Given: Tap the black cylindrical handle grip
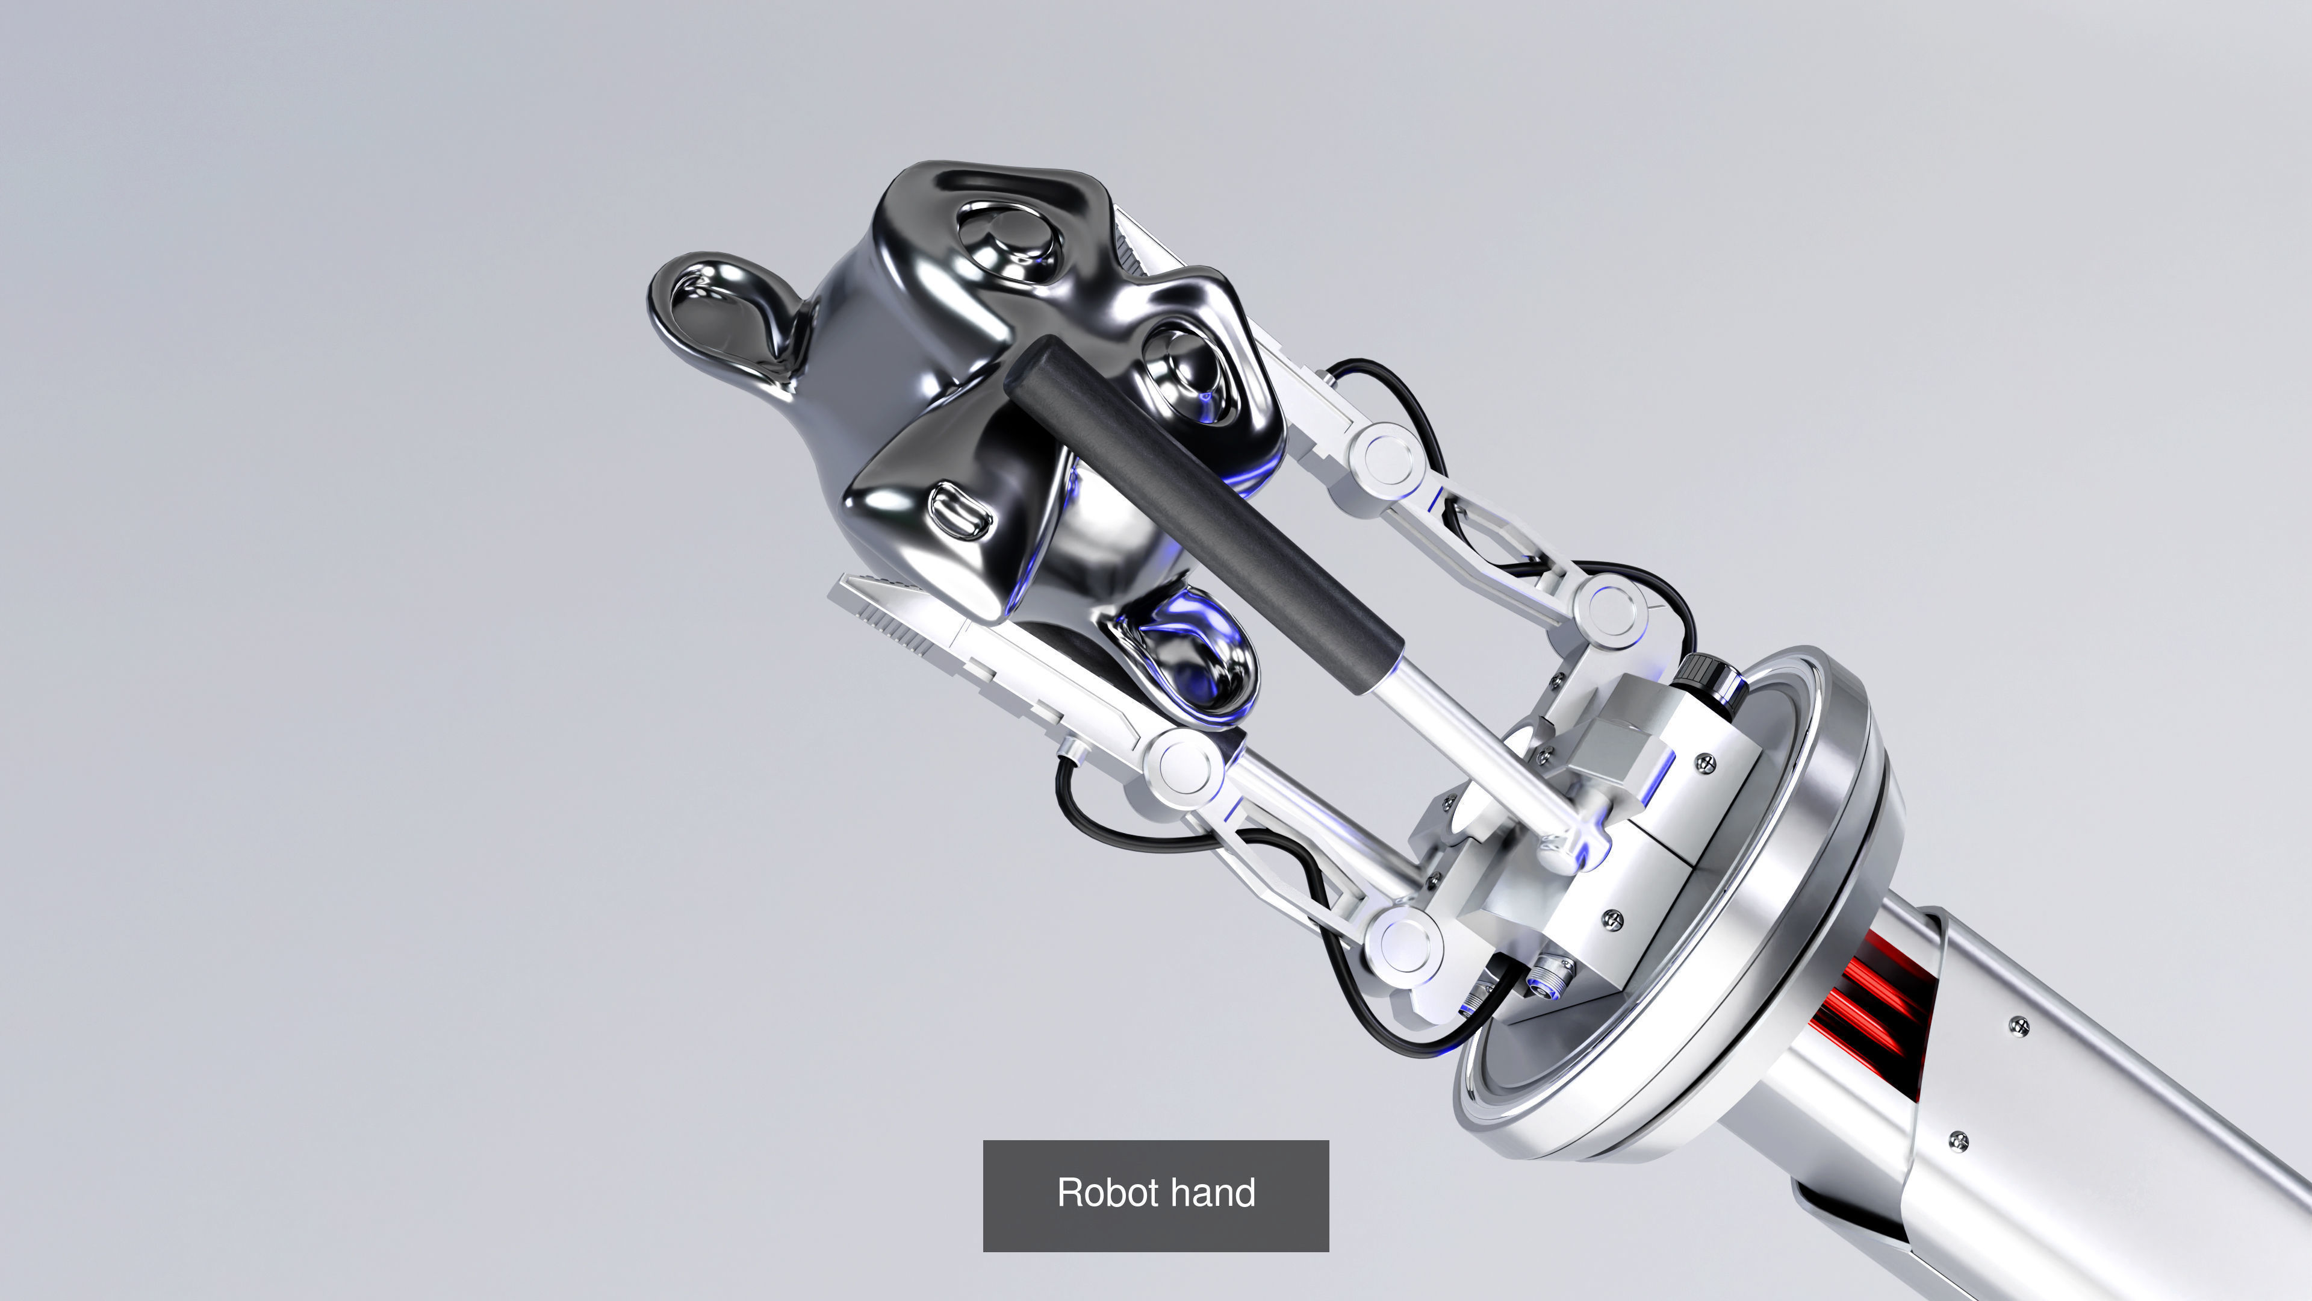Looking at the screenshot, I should pyautogui.click(x=1203, y=513).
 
